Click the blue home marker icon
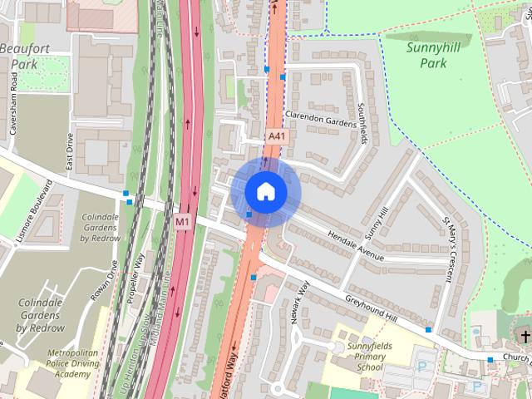[x=265, y=191]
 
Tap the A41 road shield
[x=277, y=135]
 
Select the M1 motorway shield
[x=183, y=222]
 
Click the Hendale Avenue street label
[x=356, y=245]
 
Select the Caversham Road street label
[x=14, y=109]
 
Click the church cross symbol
[x=524, y=336]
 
